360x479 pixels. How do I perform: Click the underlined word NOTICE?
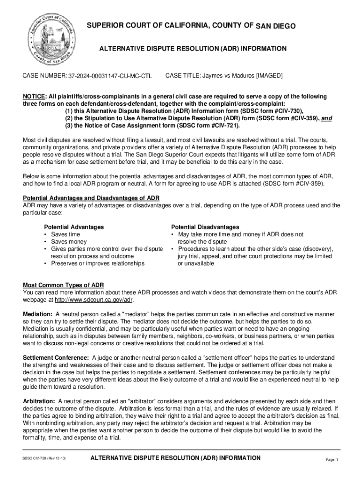34,96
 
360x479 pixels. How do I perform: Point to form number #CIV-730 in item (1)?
286,111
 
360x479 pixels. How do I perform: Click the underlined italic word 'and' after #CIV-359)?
326,118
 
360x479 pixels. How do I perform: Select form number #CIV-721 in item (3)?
224,126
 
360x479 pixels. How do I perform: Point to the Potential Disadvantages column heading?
205,227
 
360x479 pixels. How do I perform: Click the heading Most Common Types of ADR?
64,285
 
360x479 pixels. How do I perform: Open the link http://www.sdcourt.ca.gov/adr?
94,300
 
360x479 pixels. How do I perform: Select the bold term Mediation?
38,314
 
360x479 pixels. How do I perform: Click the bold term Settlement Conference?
57,358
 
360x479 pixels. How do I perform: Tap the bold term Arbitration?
39,402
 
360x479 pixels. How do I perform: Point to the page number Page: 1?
331,460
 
